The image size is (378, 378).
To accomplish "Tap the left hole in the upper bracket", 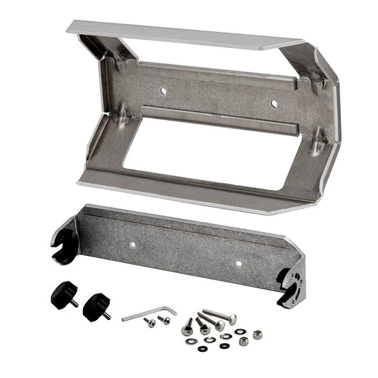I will click(163, 91).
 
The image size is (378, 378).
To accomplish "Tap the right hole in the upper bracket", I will click(274, 103).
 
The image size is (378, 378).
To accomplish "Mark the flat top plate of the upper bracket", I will click(184, 35).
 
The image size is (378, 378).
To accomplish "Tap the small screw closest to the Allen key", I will click(150, 322).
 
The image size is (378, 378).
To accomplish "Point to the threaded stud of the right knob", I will click(106, 314).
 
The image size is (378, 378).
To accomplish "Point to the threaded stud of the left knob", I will click(73, 301).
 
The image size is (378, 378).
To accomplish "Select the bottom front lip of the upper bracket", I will click(191, 195).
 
